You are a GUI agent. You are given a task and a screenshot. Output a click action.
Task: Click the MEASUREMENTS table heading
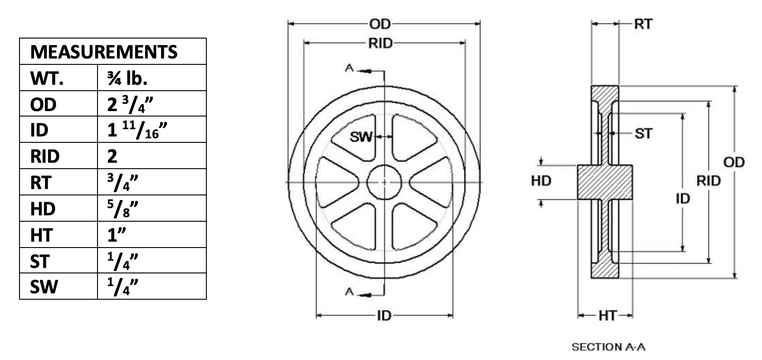click(x=104, y=52)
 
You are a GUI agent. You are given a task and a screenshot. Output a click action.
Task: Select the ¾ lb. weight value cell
click(x=127, y=78)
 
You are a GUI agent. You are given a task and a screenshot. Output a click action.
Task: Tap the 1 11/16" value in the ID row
click(x=137, y=130)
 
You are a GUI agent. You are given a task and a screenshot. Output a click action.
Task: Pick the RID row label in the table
click(x=45, y=156)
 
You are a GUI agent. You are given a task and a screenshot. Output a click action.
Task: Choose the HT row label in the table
click(x=42, y=235)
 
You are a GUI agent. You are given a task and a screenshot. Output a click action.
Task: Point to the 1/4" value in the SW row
click(x=122, y=287)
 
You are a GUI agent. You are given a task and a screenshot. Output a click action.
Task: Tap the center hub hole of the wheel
click(x=385, y=183)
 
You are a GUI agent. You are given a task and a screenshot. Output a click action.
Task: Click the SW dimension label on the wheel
click(x=361, y=137)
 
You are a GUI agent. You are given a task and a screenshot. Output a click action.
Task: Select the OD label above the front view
click(x=380, y=24)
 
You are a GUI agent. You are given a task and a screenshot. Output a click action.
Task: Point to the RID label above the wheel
click(x=381, y=44)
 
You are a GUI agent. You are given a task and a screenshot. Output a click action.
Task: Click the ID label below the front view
click(x=385, y=316)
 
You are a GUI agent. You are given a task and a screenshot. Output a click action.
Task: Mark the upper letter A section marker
click(x=349, y=68)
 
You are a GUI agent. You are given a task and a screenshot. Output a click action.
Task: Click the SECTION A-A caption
click(x=608, y=347)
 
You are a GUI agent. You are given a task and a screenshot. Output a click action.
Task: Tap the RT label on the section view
click(x=643, y=24)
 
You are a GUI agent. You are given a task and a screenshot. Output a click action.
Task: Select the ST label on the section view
click(x=644, y=134)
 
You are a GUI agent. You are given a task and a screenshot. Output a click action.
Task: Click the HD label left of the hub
click(x=541, y=181)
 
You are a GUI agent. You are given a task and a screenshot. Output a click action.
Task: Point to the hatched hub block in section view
click(x=605, y=182)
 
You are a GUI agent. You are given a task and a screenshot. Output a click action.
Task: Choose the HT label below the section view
click(x=608, y=316)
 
